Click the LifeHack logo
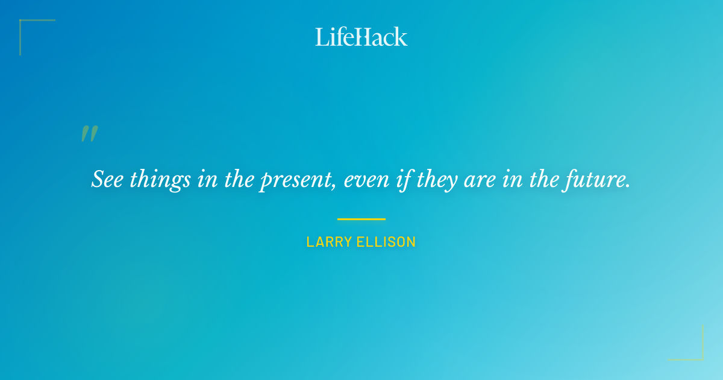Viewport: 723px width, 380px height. tap(361, 37)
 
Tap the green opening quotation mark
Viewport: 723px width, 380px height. tap(89, 134)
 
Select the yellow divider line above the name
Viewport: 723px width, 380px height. tap(361, 219)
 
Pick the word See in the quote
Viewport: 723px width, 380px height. tap(107, 180)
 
